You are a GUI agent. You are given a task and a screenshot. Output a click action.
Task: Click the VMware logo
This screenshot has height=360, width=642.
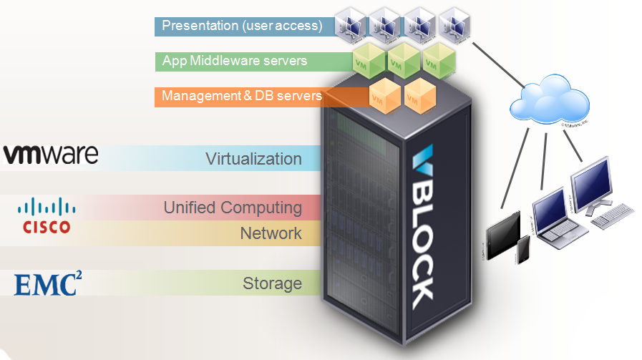tap(50, 155)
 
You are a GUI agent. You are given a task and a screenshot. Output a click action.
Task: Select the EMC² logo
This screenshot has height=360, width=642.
tap(48, 283)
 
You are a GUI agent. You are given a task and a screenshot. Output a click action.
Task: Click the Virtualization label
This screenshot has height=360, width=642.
tap(253, 158)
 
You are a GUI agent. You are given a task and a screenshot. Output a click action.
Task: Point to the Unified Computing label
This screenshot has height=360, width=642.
tap(233, 208)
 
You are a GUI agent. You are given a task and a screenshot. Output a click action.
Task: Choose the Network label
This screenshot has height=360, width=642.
tap(271, 233)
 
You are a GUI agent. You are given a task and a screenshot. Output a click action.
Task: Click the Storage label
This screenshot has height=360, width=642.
tap(272, 283)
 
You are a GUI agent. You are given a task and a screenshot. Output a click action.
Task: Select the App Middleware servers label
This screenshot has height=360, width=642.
tap(235, 61)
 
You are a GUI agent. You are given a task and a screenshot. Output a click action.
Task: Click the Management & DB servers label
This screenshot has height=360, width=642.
tap(241, 95)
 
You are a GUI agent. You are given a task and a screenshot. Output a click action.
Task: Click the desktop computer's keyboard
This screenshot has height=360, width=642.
tap(613, 213)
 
